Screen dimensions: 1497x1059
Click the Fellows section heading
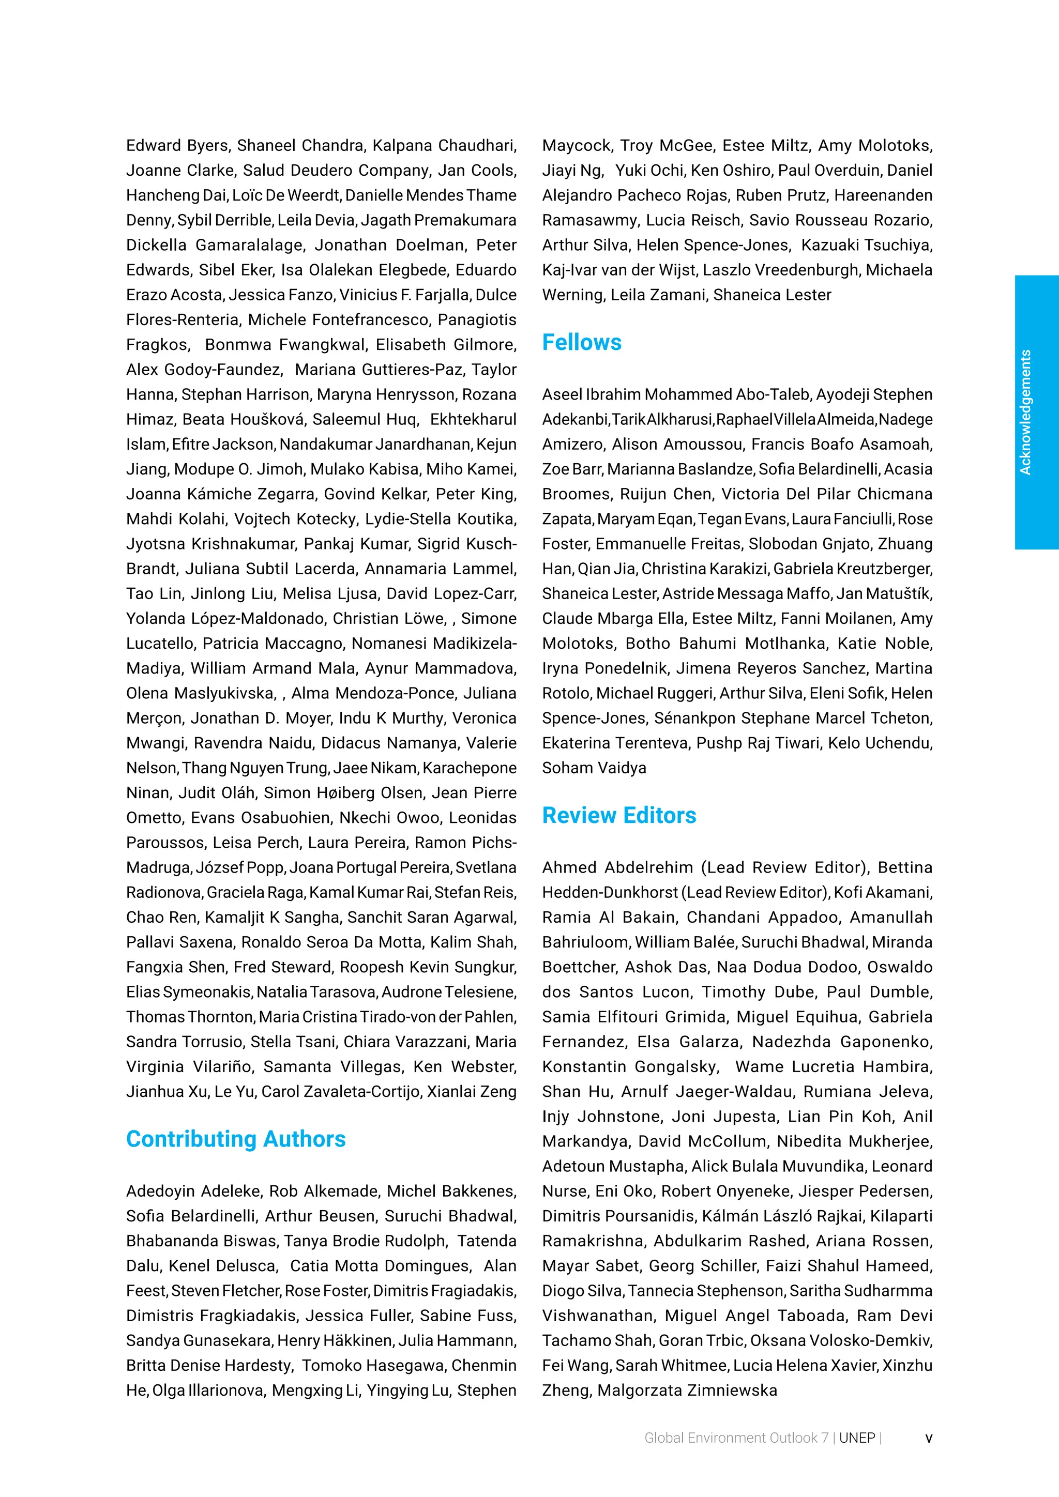coord(582,343)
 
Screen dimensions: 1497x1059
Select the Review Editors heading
coord(619,816)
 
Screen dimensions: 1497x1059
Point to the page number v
coord(929,1438)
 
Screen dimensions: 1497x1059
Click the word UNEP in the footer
coord(857,1438)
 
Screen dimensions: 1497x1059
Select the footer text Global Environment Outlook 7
coord(736,1438)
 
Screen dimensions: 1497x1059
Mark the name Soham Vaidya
coord(594,768)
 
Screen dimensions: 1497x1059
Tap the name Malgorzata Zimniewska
coord(687,1391)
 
